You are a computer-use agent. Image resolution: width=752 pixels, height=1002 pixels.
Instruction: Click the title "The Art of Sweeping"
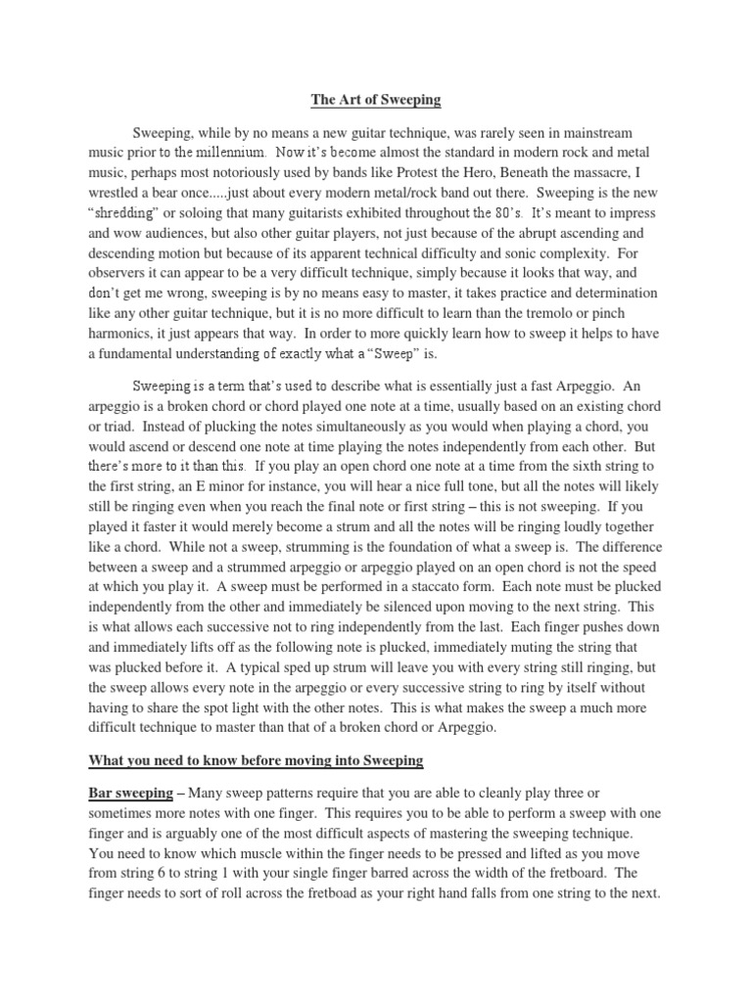pos(375,100)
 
